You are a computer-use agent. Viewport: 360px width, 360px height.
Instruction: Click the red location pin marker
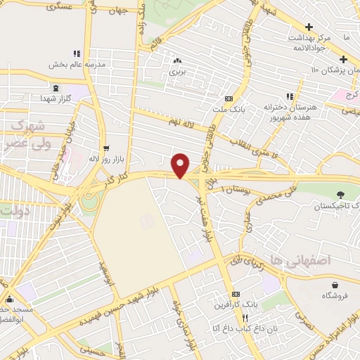coord(181,165)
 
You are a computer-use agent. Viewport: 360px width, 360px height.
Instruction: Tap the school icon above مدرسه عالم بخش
coord(77,53)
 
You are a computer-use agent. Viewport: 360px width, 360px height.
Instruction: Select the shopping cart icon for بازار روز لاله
coord(105,148)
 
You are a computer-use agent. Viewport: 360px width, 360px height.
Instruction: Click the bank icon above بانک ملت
coord(228,99)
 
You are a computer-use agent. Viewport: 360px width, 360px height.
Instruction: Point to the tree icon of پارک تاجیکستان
coord(341,194)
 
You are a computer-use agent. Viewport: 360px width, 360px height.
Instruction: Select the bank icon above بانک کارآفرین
coord(236,293)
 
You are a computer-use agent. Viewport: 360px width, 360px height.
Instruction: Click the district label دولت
coord(15,210)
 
